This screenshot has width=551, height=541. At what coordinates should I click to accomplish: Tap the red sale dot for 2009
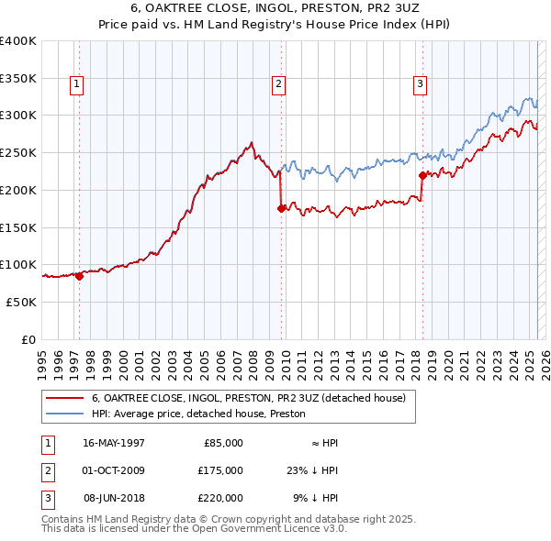(281, 208)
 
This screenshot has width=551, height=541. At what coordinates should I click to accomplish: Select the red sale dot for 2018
(422, 175)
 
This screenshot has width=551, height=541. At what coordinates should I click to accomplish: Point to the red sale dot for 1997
(79, 276)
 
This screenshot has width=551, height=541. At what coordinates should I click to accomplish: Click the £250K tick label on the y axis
(18, 152)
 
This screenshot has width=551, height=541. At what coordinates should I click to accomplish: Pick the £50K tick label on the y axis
(22, 302)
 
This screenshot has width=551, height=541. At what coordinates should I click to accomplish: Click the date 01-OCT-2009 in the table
(113, 470)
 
